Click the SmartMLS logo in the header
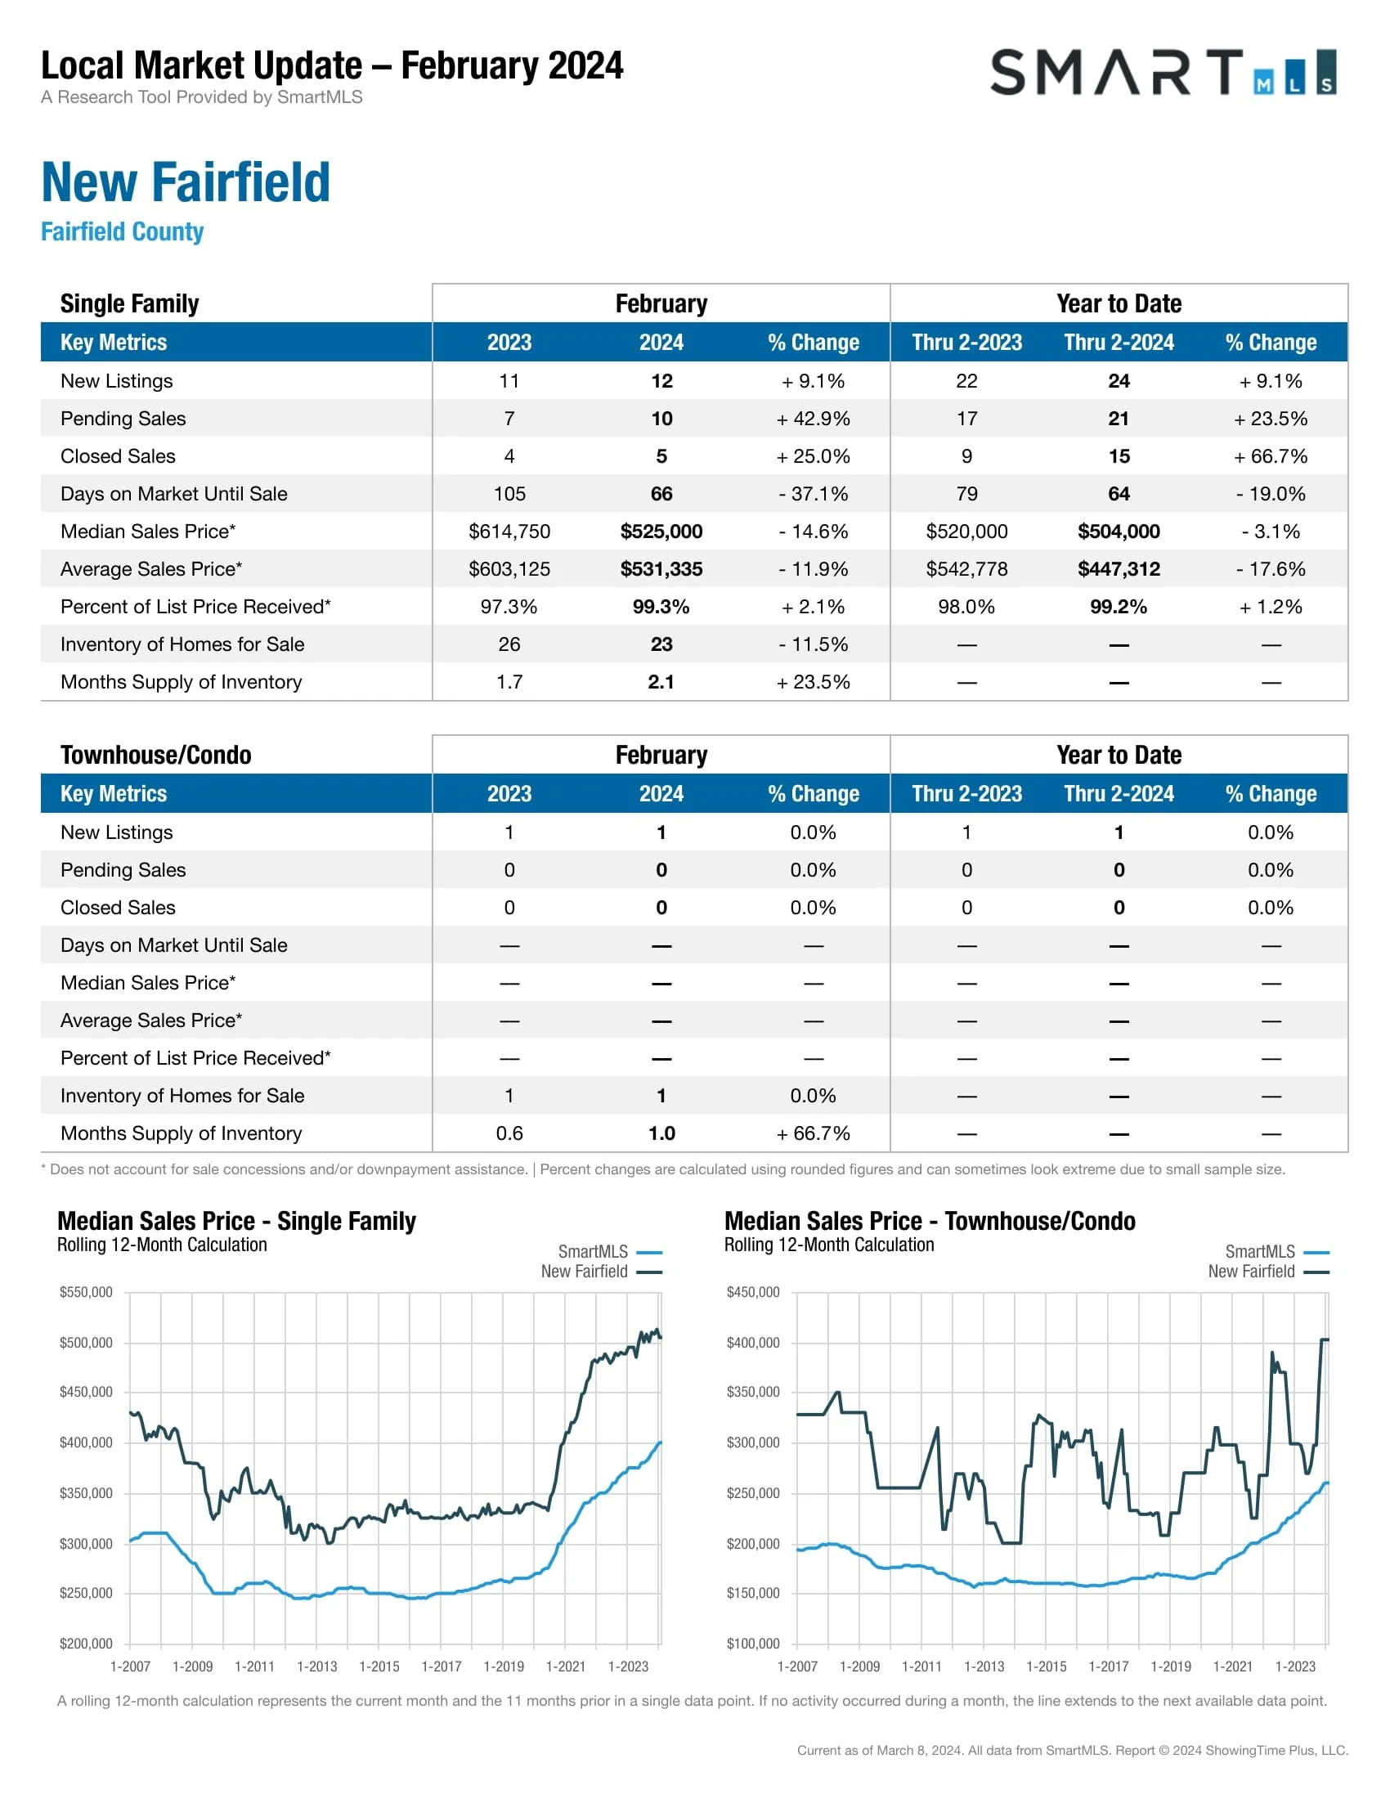tap(1162, 73)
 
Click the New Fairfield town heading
tap(186, 182)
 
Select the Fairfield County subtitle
tap(122, 231)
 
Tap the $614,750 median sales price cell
tap(509, 532)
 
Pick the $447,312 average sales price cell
tap(1119, 569)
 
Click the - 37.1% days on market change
tap(813, 494)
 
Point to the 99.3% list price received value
tap(661, 607)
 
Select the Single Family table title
tap(129, 304)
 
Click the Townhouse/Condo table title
tap(155, 756)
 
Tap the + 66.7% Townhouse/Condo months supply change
tap(813, 1133)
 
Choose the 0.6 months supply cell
tap(509, 1133)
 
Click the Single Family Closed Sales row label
tap(118, 456)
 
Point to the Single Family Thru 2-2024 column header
tap(1119, 343)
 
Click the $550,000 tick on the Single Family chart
tap(86, 1292)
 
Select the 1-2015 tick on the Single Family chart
tap(379, 1667)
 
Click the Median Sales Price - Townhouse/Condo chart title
tap(929, 1222)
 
